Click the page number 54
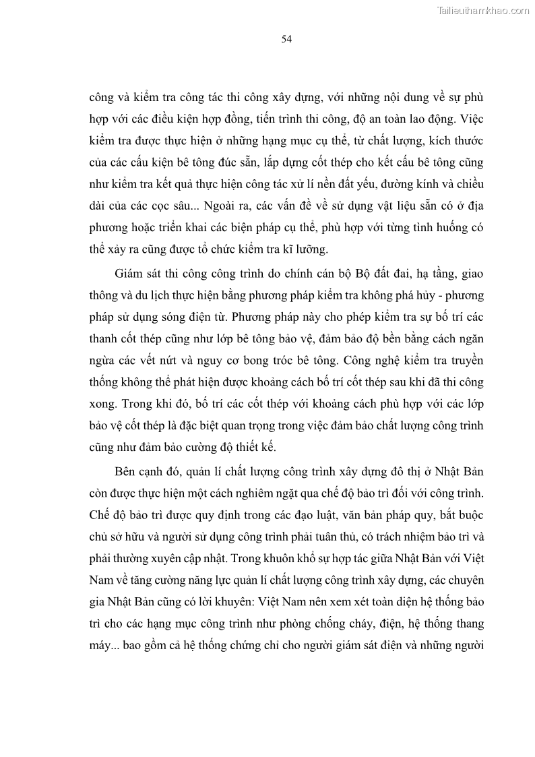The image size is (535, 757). [286, 39]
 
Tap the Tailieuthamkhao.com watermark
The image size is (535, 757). [484, 10]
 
